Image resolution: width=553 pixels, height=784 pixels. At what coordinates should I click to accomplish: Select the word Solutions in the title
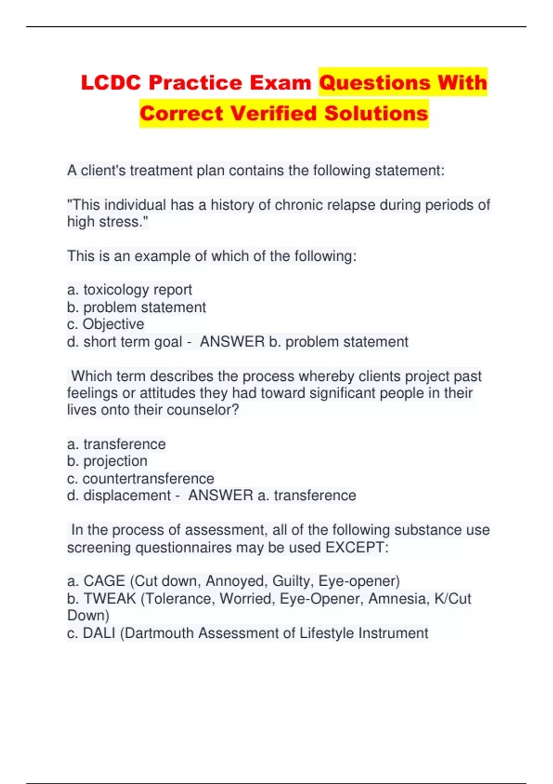point(376,113)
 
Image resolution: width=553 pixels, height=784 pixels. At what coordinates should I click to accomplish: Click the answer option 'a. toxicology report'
point(129,290)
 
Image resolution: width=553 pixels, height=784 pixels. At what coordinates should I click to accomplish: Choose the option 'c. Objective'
point(106,324)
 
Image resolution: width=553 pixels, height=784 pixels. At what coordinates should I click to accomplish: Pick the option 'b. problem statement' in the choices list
point(136,307)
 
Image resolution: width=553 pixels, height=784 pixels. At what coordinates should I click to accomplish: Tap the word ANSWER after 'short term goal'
point(232,342)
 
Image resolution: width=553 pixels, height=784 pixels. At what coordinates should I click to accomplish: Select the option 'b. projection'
point(107,461)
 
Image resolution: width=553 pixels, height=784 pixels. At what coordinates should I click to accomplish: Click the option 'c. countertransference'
point(141,478)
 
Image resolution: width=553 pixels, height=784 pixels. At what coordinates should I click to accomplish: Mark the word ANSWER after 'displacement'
point(221,495)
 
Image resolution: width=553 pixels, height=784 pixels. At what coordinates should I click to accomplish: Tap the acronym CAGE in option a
point(104,581)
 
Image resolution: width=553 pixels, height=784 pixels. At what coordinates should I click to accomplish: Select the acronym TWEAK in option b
point(110,599)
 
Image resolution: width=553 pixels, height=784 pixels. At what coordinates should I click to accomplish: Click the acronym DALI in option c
point(99,633)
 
